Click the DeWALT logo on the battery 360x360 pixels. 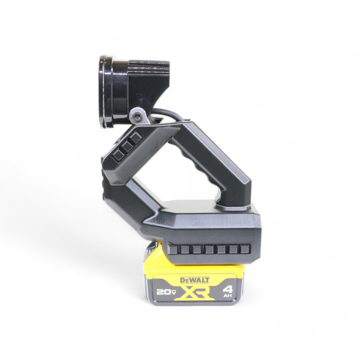pyautogui.click(x=195, y=280)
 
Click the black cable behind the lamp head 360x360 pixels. pyautogui.click(x=169, y=113)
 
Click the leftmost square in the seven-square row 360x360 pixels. pyautogui.click(x=172, y=250)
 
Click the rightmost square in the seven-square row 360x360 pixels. pyautogui.click(x=245, y=249)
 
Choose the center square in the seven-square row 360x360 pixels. pyautogui.click(x=209, y=249)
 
